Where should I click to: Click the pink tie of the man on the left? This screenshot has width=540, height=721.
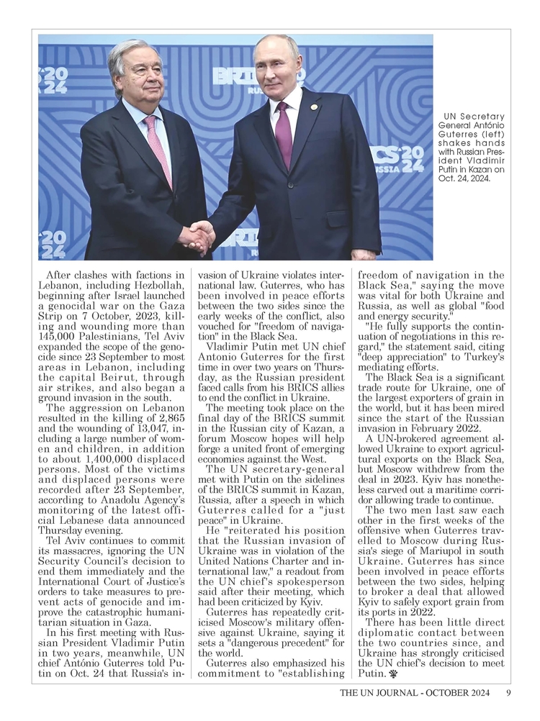tap(158, 147)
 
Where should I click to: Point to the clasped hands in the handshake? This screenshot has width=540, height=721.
tap(197, 237)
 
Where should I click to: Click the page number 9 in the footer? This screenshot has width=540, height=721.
tap(508, 694)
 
